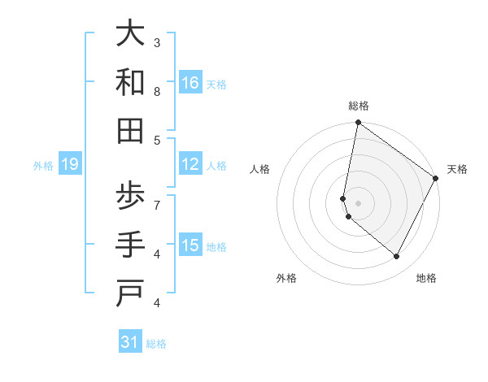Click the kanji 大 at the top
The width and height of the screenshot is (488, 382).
tap(130, 36)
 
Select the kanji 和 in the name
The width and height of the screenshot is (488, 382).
tap(130, 83)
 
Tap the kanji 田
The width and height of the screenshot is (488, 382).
tap(130, 130)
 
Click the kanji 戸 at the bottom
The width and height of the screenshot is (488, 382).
tap(130, 294)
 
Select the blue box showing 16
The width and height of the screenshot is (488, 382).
tap(190, 83)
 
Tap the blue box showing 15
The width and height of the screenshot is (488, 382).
tap(190, 246)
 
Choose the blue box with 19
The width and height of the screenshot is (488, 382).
tap(69, 165)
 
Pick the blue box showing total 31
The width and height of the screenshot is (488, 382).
tap(130, 342)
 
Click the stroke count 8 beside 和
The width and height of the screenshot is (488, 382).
tap(157, 92)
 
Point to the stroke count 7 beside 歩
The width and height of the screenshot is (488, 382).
tap(157, 204)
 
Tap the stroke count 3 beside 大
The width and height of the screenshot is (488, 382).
tap(157, 42)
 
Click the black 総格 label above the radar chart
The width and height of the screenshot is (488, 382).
tap(359, 106)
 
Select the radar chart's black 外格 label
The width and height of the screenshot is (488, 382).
tap(286, 278)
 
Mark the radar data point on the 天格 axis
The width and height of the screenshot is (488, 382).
tap(436, 179)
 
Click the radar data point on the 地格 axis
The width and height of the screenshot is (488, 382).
tap(397, 257)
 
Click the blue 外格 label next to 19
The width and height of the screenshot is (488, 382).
tap(43, 166)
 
